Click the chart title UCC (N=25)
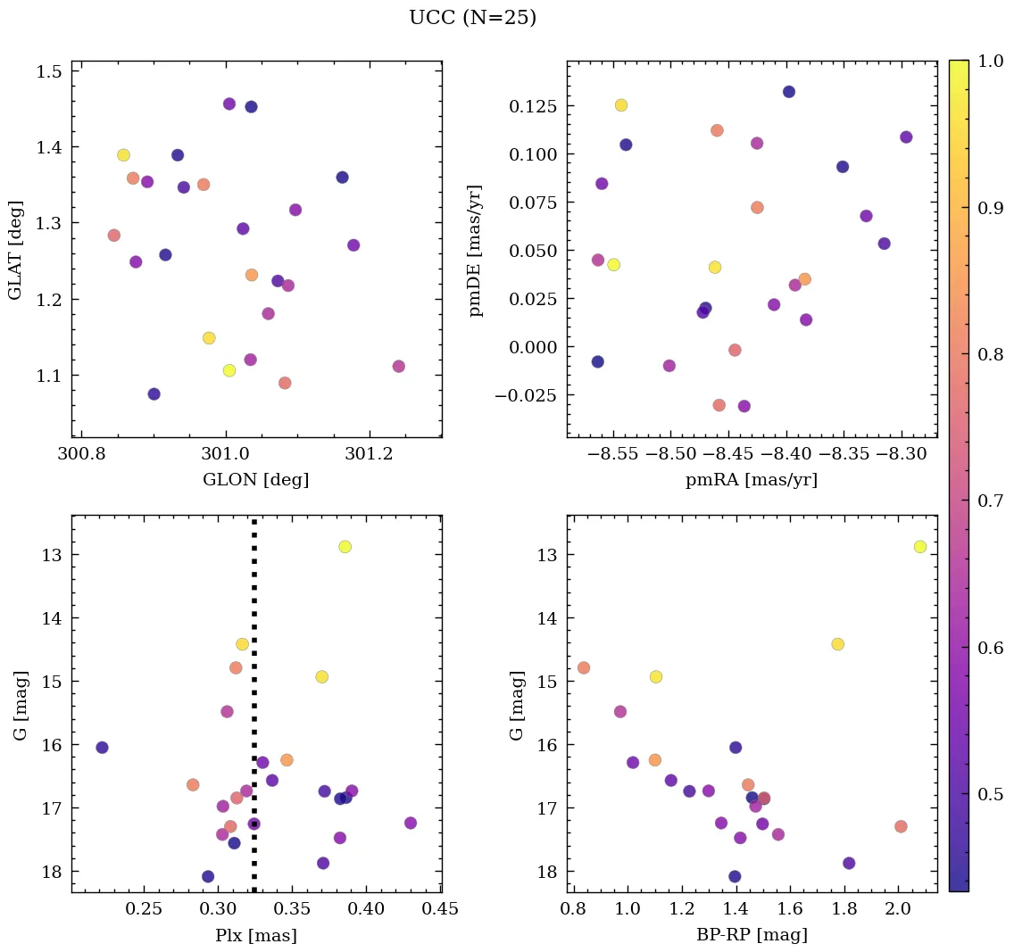pos(472,18)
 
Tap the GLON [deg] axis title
pos(256,480)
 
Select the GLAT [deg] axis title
pos(15,249)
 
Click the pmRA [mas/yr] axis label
pos(751,480)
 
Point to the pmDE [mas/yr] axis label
pos(476,250)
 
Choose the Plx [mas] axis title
pos(256,936)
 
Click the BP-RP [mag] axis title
pos(751,936)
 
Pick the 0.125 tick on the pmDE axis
pos(533,107)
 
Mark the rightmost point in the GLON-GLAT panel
pos(398,367)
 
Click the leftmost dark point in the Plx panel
pos(102,748)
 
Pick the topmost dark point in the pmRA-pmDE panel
pos(789,92)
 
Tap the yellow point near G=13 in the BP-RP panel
pos(920,547)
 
